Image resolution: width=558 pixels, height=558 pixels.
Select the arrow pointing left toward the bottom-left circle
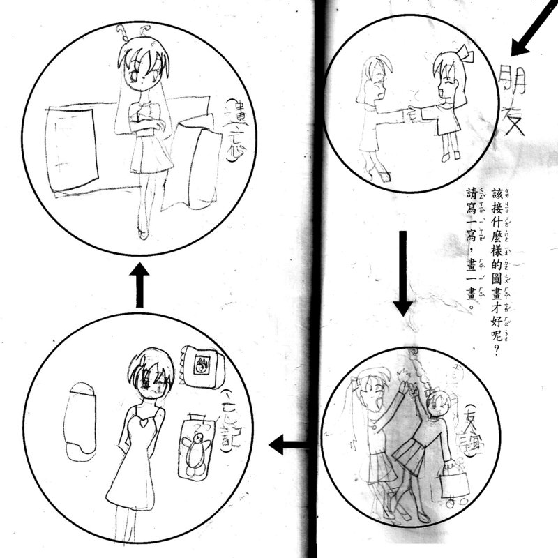pos(289,444)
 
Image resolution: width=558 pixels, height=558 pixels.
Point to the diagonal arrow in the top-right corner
pos(534,28)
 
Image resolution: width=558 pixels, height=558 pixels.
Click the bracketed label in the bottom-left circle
pos(227,418)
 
